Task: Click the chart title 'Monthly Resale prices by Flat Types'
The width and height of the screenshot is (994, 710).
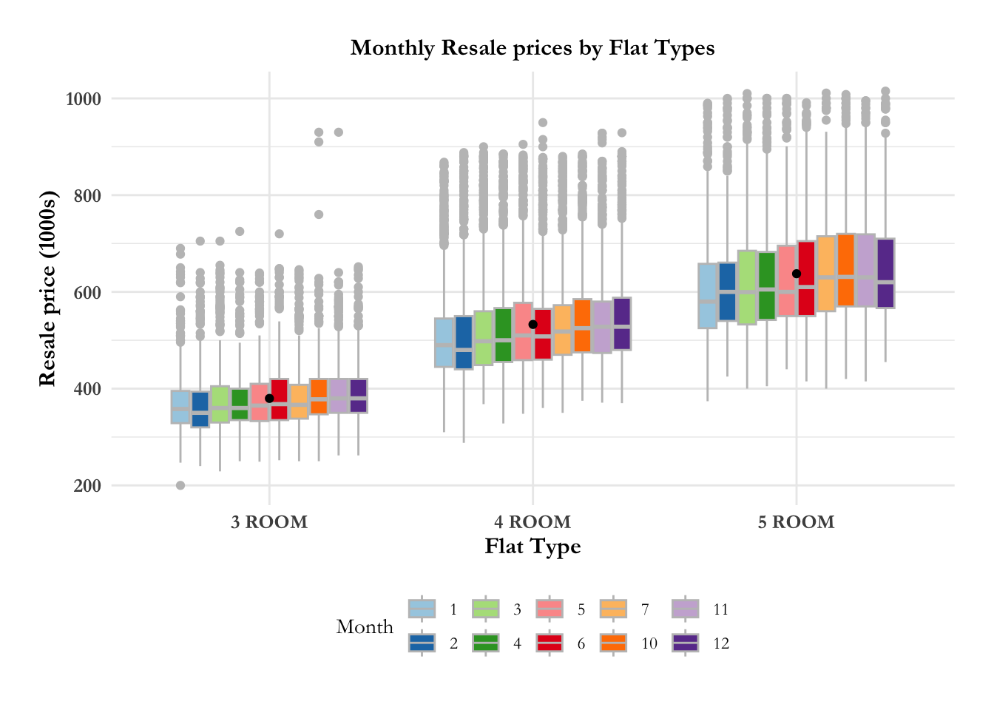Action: pos(532,48)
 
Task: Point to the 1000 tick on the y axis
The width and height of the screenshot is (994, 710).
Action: pos(83,99)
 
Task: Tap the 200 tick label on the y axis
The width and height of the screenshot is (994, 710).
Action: pos(87,486)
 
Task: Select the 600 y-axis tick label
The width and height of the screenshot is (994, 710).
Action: pos(87,293)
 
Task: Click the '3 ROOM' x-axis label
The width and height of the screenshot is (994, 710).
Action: pos(269,522)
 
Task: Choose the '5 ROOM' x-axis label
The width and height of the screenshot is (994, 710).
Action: pos(796,522)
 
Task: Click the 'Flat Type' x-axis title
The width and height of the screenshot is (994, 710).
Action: pos(532,547)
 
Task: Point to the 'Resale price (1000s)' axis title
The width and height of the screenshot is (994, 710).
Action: pos(47,288)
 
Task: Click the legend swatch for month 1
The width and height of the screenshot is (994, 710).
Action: pos(422,609)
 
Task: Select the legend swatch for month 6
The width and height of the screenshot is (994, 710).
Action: pos(550,643)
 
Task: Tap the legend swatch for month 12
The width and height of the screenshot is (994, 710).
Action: pos(686,643)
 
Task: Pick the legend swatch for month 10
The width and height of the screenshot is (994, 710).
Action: pos(614,643)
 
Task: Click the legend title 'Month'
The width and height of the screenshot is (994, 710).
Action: pos(365,626)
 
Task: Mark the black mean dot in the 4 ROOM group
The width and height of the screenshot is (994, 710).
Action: pos(532,325)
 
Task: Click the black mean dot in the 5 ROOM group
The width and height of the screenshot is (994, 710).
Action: pos(796,274)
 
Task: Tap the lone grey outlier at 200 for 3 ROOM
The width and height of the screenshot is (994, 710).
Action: pos(180,485)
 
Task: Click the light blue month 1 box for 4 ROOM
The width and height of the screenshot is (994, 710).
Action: pos(444,342)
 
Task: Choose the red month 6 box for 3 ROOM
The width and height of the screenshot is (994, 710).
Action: pos(280,399)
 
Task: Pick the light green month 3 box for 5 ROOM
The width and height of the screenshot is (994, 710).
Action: pos(747,287)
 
